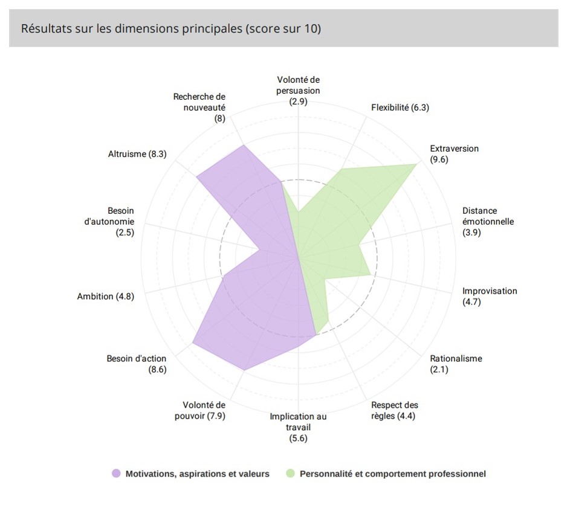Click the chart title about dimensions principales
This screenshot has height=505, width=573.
click(x=171, y=29)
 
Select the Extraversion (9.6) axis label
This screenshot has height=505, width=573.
click(x=454, y=154)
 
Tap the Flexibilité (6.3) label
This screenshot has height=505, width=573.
click(x=400, y=108)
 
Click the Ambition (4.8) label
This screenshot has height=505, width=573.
click(x=106, y=296)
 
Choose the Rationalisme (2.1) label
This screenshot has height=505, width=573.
click(x=456, y=364)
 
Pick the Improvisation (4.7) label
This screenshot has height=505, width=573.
click(x=490, y=296)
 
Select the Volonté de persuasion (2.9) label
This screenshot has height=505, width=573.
click(x=299, y=91)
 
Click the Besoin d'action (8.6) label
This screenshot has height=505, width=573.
click(x=137, y=364)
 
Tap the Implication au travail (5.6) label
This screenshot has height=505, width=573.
click(x=298, y=427)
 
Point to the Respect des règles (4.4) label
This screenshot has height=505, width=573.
click(x=394, y=410)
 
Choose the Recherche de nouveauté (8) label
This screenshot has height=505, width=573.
click(x=199, y=107)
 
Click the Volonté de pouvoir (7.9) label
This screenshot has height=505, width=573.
click(x=204, y=410)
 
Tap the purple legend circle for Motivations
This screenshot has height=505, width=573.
click(x=117, y=474)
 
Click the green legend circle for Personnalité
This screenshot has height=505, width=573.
click(x=291, y=474)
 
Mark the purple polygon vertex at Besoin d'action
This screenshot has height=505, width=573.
click(x=193, y=344)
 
